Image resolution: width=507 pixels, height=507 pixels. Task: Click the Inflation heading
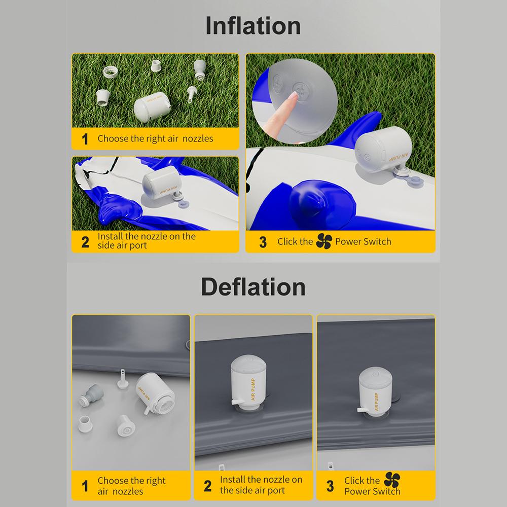tap(253, 25)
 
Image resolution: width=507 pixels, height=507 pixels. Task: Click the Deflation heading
tap(253, 286)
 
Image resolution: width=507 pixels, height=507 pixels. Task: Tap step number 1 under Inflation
tap(85, 139)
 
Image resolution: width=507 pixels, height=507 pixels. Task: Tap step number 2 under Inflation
tap(85, 242)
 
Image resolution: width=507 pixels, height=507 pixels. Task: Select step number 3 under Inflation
tap(263, 242)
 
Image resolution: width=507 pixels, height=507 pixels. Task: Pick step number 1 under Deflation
tap(85, 486)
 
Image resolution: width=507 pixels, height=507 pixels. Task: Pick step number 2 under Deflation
tap(207, 486)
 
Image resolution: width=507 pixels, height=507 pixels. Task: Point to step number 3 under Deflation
tap(330, 486)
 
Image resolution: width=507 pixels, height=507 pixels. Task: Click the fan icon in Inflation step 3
tap(323, 241)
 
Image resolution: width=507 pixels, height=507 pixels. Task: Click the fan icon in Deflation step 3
tap(392, 480)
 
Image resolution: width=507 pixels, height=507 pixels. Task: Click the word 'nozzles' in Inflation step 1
tap(198, 138)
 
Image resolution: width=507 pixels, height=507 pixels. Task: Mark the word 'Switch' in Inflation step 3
tap(377, 241)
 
